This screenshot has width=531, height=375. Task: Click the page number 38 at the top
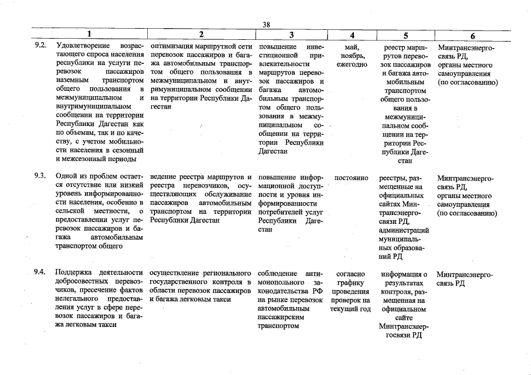[266, 24]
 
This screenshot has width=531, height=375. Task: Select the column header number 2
[201, 35]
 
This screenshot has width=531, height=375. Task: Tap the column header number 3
[291, 35]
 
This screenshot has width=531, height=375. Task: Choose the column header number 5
[405, 35]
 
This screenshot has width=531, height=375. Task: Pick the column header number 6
[472, 35]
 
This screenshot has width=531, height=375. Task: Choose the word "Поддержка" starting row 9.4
[74, 272]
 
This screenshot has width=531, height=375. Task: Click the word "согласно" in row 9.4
[351, 274]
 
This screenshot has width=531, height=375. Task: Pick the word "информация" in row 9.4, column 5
[402, 274]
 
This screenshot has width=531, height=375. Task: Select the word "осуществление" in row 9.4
[176, 272]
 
